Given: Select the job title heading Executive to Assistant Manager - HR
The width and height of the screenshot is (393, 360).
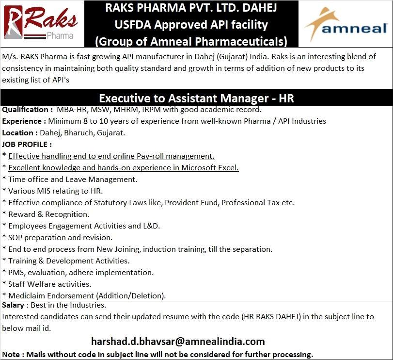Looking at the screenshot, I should point(196,98).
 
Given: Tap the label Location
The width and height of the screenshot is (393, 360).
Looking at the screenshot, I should point(18,132).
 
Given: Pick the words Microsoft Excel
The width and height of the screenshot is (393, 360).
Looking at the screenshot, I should point(210,168).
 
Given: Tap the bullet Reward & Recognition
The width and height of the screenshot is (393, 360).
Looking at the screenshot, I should point(48,214).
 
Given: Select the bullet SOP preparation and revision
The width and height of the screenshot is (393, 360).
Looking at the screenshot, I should point(60,237).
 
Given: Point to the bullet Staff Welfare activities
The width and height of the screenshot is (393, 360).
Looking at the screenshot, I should point(49,284).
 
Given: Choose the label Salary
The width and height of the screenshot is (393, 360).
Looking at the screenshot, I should point(13,305).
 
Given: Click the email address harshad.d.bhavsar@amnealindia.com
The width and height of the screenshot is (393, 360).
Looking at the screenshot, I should point(178,341).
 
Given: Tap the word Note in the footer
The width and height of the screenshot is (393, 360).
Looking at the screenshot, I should point(12,354).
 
